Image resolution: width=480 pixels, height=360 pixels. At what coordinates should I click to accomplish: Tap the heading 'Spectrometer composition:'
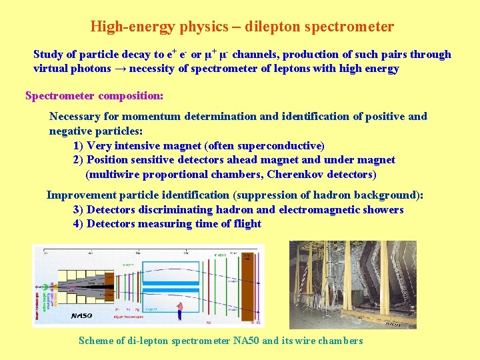point(94,95)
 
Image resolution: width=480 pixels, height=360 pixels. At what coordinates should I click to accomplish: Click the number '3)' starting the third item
point(78,209)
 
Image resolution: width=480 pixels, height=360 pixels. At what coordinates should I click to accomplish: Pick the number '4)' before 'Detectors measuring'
point(78,224)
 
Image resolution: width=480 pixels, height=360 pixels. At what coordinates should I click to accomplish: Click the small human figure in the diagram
point(179,311)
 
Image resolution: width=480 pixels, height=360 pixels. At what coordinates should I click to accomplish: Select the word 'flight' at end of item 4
point(247,224)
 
